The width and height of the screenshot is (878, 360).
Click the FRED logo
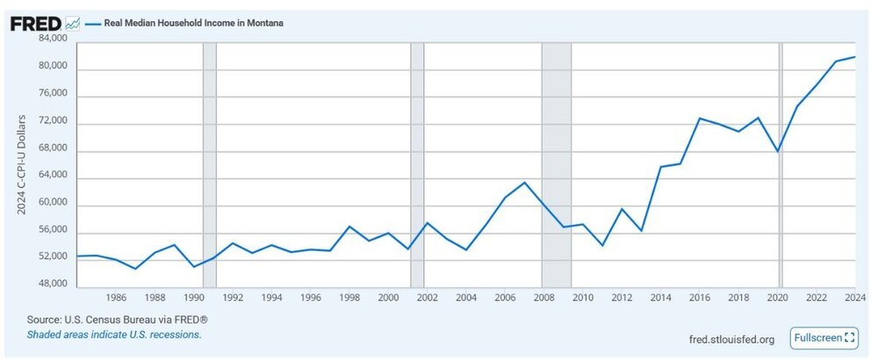pos(35,24)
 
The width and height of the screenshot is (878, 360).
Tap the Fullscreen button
pos(823,338)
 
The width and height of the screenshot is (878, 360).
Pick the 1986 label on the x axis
pos(117,298)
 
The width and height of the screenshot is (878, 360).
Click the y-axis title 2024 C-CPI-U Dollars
pos(23,164)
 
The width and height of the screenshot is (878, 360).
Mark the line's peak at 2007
pos(524,183)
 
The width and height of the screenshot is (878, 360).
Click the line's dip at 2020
pos(778,151)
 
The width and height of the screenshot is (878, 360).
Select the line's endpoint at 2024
pos(854,57)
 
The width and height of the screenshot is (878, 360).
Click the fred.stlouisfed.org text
pos(731,339)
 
